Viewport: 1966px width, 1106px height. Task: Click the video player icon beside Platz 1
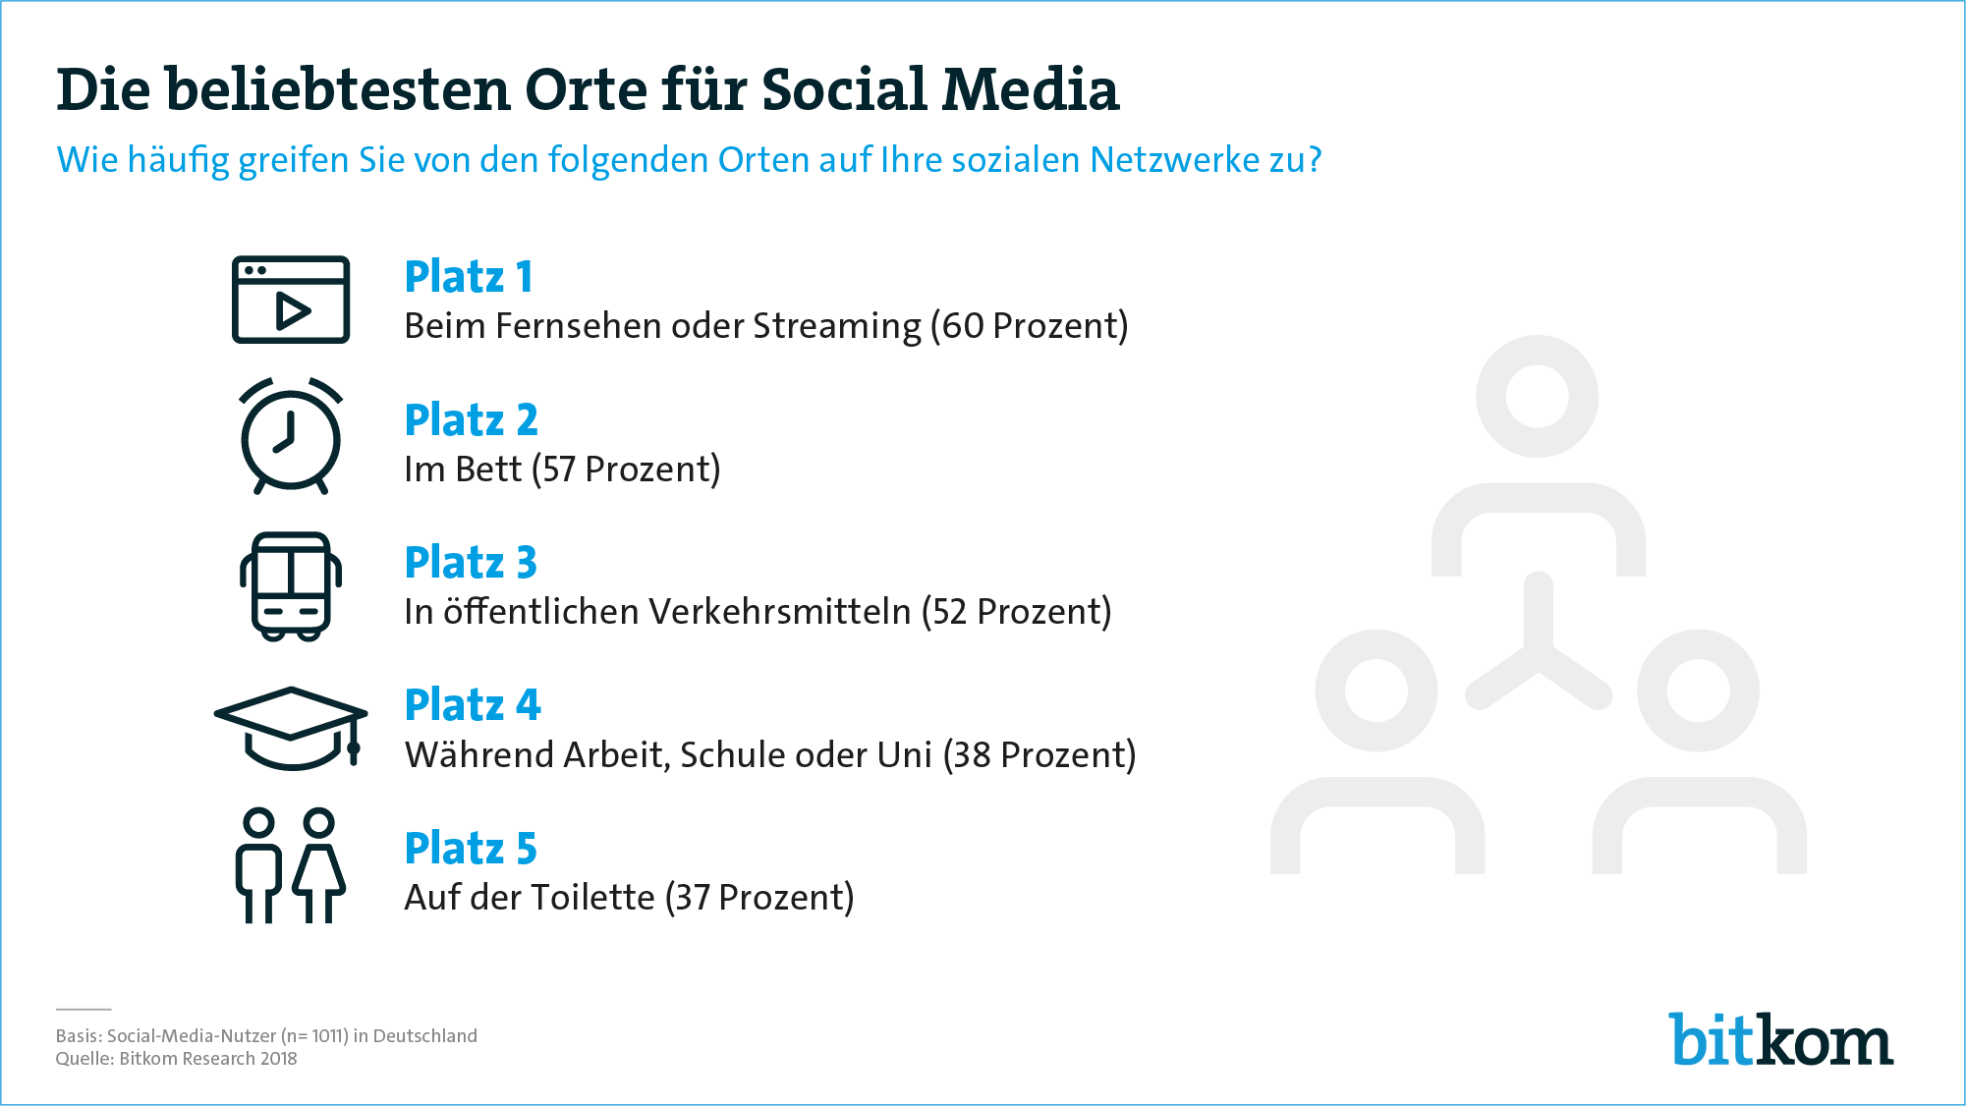point(291,300)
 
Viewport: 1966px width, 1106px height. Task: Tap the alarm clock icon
point(291,435)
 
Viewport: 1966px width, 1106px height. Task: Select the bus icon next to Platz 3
point(291,586)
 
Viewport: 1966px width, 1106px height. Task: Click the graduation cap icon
point(291,728)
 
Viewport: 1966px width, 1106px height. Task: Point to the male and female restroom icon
point(291,865)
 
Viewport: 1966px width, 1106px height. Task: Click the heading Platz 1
point(469,277)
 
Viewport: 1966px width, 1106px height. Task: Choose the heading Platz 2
point(472,420)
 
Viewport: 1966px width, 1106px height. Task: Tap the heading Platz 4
point(473,705)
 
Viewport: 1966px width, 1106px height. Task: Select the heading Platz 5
point(471,849)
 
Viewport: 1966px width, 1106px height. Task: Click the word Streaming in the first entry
point(837,327)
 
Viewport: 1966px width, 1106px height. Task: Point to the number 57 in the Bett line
point(559,470)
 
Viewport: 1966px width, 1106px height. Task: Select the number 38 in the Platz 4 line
point(972,755)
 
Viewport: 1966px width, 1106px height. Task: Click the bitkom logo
point(1781,1039)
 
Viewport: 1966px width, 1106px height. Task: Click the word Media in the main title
point(1031,89)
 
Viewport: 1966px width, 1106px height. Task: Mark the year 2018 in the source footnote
point(278,1059)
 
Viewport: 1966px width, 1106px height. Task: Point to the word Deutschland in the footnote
point(425,1036)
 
